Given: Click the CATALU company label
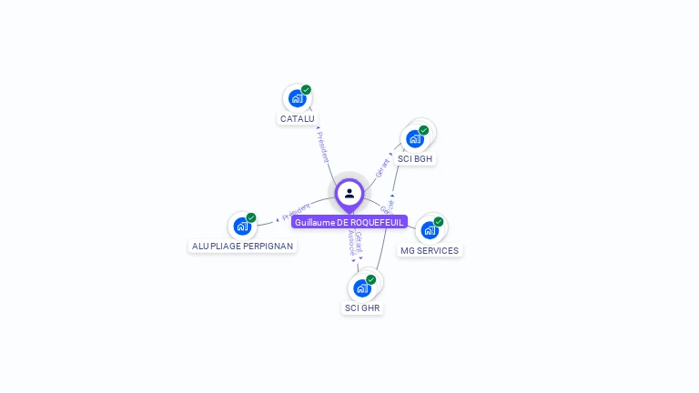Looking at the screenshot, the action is (298, 118).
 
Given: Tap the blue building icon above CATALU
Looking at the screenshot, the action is (296, 98).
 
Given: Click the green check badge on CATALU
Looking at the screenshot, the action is (307, 89).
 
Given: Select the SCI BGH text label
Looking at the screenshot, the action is (415, 158).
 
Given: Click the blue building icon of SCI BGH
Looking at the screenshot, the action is (414, 139).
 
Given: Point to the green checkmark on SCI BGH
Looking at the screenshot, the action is (424, 130).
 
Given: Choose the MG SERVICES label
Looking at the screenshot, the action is (430, 250).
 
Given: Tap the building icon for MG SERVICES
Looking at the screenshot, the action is (429, 230).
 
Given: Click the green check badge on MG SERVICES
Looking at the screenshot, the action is (439, 221).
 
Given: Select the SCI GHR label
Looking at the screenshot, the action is (362, 308).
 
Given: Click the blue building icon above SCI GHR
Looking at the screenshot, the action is (361, 288).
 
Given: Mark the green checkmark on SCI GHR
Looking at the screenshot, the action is (371, 279).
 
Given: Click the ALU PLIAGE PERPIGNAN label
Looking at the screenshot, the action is (242, 246).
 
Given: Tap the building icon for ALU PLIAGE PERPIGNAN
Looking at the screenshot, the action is (241, 226).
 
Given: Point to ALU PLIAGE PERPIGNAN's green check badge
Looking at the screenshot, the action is (251, 217).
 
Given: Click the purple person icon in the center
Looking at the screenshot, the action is (349, 193).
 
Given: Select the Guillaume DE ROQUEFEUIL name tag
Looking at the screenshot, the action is (349, 222).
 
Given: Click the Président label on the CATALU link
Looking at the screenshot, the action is (323, 146).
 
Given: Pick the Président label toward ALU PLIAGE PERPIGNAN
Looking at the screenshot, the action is (296, 213).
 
